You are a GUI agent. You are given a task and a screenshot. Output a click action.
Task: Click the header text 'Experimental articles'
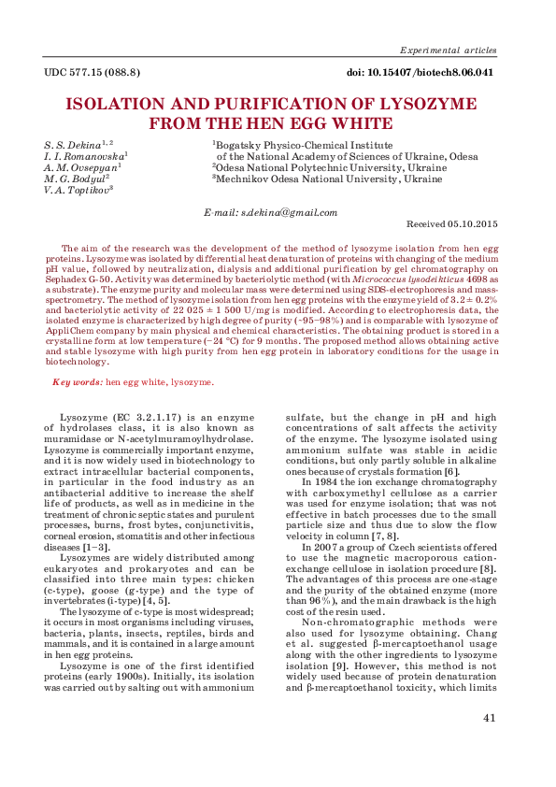click(448, 50)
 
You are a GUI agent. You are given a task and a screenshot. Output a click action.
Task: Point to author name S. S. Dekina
click(75, 146)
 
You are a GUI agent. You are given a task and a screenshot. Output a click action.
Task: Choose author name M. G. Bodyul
click(74, 179)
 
